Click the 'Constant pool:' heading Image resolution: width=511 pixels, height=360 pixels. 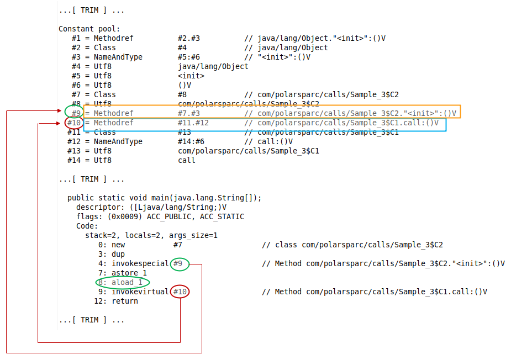[89, 29]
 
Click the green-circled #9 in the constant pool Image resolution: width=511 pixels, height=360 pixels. [74, 113]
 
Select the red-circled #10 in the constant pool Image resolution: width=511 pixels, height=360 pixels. [74, 123]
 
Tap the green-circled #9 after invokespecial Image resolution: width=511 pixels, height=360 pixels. [178, 264]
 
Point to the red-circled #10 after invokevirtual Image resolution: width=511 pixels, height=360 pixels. [180, 292]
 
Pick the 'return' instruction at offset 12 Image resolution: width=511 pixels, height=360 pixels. [125, 301]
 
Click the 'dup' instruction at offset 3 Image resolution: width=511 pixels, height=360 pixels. [118, 255]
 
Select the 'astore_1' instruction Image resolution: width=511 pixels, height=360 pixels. [129, 273]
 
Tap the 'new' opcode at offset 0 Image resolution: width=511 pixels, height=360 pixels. [118, 245]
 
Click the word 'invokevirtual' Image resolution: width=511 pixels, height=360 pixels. [140, 292]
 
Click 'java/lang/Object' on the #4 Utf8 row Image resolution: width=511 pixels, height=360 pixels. [213, 66]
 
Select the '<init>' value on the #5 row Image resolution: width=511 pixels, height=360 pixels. [191, 76]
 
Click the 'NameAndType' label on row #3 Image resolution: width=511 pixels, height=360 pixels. [118, 57]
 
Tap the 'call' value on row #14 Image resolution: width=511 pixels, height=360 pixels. [186, 160]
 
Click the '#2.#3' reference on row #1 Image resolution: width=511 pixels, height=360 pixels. [188, 38]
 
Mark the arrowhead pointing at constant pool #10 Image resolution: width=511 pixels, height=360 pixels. [61, 123]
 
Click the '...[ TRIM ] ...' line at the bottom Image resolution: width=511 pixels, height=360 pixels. [91, 320]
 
